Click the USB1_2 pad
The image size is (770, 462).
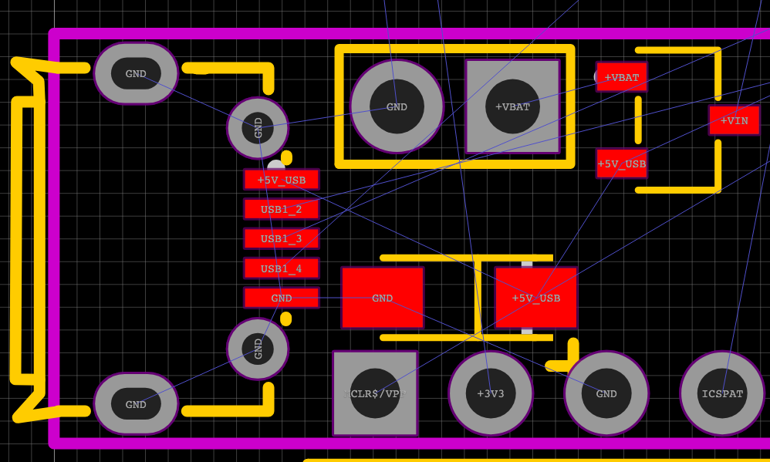pyautogui.click(x=282, y=209)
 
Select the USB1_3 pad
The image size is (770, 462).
pyautogui.click(x=282, y=238)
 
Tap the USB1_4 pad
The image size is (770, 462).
pyautogui.click(x=282, y=268)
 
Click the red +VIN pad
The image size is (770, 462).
pyautogui.click(x=734, y=120)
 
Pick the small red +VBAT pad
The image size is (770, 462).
pyautogui.click(x=621, y=77)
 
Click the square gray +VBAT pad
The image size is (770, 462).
pyautogui.click(x=512, y=106)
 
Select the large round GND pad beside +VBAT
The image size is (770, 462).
pyautogui.click(x=397, y=106)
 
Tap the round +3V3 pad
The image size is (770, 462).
pyautogui.click(x=490, y=393)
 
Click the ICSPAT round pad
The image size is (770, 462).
pyautogui.click(x=722, y=393)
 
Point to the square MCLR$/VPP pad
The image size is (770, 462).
pyautogui.click(x=375, y=393)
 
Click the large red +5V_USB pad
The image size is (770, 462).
pyautogui.click(x=536, y=298)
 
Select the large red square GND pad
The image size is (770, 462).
pyautogui.click(x=382, y=298)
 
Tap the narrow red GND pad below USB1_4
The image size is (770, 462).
pyautogui.click(x=282, y=298)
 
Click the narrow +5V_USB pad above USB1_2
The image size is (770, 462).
pyautogui.click(x=282, y=180)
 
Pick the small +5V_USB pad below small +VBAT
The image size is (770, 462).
pyautogui.click(x=621, y=164)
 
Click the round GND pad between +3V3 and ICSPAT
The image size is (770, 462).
pyautogui.click(x=606, y=393)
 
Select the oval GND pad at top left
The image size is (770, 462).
pyautogui.click(x=136, y=74)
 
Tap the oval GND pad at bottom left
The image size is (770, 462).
pyautogui.click(x=136, y=404)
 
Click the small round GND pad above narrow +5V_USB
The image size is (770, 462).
pyautogui.click(x=258, y=127)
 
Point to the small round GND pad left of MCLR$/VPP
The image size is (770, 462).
pyautogui.click(x=258, y=349)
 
